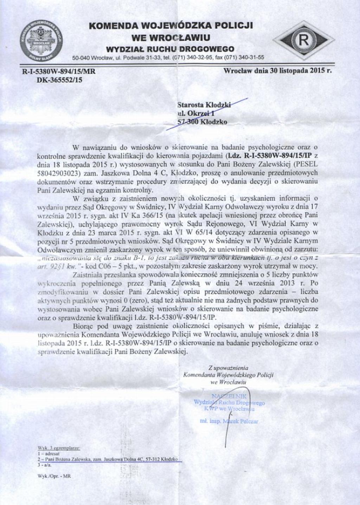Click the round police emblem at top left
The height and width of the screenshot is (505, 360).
(41, 40)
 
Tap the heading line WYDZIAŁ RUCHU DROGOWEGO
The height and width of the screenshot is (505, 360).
(170, 48)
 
